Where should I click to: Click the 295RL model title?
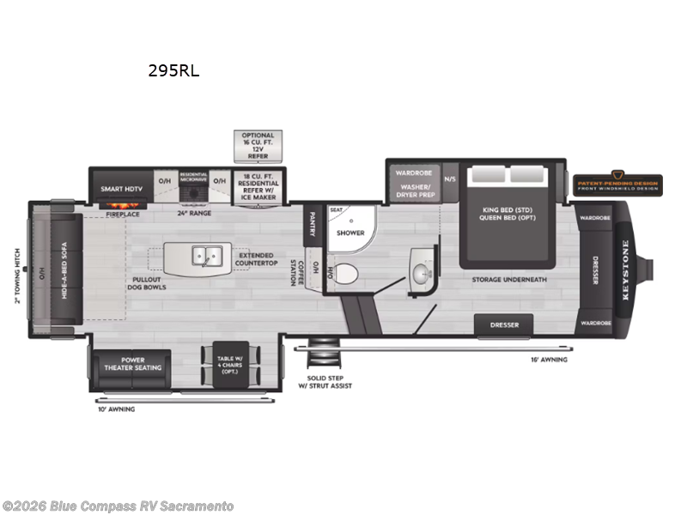click(173, 71)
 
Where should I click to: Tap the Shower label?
click(350, 233)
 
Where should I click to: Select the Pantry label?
click(312, 223)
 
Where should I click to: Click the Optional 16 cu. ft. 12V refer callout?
click(258, 146)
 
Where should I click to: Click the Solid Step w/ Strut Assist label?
click(329, 381)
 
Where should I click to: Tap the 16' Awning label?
click(548, 360)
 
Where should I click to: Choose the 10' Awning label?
click(117, 409)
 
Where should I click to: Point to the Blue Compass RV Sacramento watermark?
click(118, 506)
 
